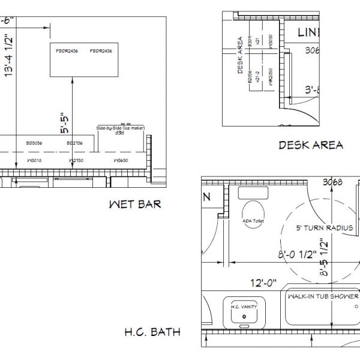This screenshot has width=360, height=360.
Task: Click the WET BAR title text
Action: click(x=134, y=205)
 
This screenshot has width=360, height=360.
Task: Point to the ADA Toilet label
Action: click(x=253, y=220)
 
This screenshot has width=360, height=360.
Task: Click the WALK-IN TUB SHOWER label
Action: click(x=323, y=296)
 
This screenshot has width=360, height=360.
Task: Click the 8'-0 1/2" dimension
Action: click(x=293, y=254)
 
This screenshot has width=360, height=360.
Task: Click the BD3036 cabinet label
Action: click(x=34, y=143)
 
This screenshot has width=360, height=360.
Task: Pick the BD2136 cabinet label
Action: click(x=75, y=143)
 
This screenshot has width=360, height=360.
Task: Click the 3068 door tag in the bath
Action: click(x=332, y=182)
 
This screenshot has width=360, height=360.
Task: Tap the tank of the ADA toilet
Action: click(x=253, y=193)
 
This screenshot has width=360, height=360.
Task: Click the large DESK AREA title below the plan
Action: click(x=311, y=145)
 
